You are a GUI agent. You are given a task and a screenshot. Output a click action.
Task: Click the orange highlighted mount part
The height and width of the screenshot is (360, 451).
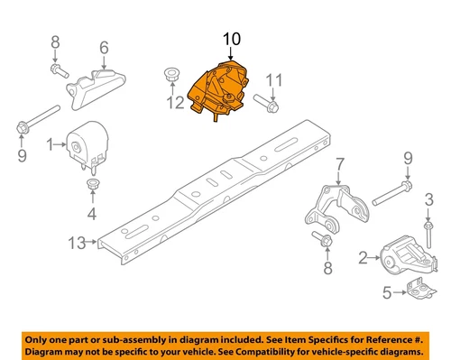pyautogui.click(x=218, y=89)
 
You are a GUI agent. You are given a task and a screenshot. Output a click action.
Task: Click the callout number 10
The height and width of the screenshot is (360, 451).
pyautogui.click(x=232, y=39)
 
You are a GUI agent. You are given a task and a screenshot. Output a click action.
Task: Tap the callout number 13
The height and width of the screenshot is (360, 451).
pyautogui.click(x=77, y=243)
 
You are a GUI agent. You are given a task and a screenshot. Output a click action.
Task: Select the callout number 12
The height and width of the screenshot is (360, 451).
pyautogui.click(x=175, y=103)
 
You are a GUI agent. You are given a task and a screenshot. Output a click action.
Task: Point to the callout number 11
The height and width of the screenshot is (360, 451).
pyautogui.click(x=274, y=80)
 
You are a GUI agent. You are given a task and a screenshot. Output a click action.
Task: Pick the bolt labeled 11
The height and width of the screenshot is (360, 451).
pyautogui.click(x=266, y=104)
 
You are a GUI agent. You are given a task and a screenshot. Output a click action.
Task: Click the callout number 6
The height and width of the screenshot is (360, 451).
pyautogui.click(x=104, y=48)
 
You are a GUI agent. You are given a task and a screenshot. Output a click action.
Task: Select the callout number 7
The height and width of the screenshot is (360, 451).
pyautogui.click(x=340, y=164)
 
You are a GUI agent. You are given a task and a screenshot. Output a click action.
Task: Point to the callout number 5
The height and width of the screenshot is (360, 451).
pyautogui.click(x=387, y=292)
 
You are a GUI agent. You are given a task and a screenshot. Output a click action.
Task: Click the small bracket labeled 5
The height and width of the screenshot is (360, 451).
pyautogui.click(x=420, y=290)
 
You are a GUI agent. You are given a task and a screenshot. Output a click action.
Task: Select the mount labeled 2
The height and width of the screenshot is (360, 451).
pyautogui.click(x=409, y=256)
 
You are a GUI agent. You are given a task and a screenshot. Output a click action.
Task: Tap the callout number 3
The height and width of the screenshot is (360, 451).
pyautogui.click(x=428, y=199)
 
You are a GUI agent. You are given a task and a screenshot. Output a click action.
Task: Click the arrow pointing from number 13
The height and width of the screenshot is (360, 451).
pyautogui.click(x=91, y=242)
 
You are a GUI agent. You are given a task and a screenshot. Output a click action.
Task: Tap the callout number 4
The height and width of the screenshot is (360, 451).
pyautogui.click(x=92, y=214)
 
